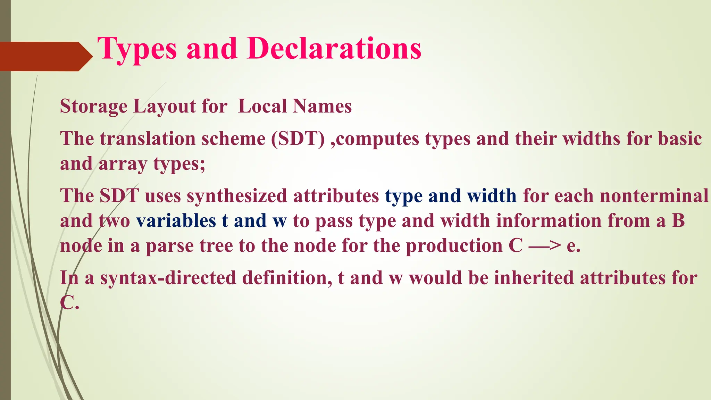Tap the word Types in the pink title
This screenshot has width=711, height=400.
pyautogui.click(x=137, y=49)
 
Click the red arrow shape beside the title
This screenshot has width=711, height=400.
pyautogui.click(x=45, y=56)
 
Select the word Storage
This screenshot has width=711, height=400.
pyautogui.click(x=93, y=107)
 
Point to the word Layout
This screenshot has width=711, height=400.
pyautogui.click(x=164, y=106)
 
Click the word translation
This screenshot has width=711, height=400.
pyautogui.click(x=147, y=139)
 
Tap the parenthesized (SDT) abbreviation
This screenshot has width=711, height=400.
pyautogui.click(x=298, y=139)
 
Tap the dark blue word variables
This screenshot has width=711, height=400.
pyautogui.click(x=176, y=221)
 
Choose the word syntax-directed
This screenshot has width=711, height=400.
pyautogui.click(x=168, y=278)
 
